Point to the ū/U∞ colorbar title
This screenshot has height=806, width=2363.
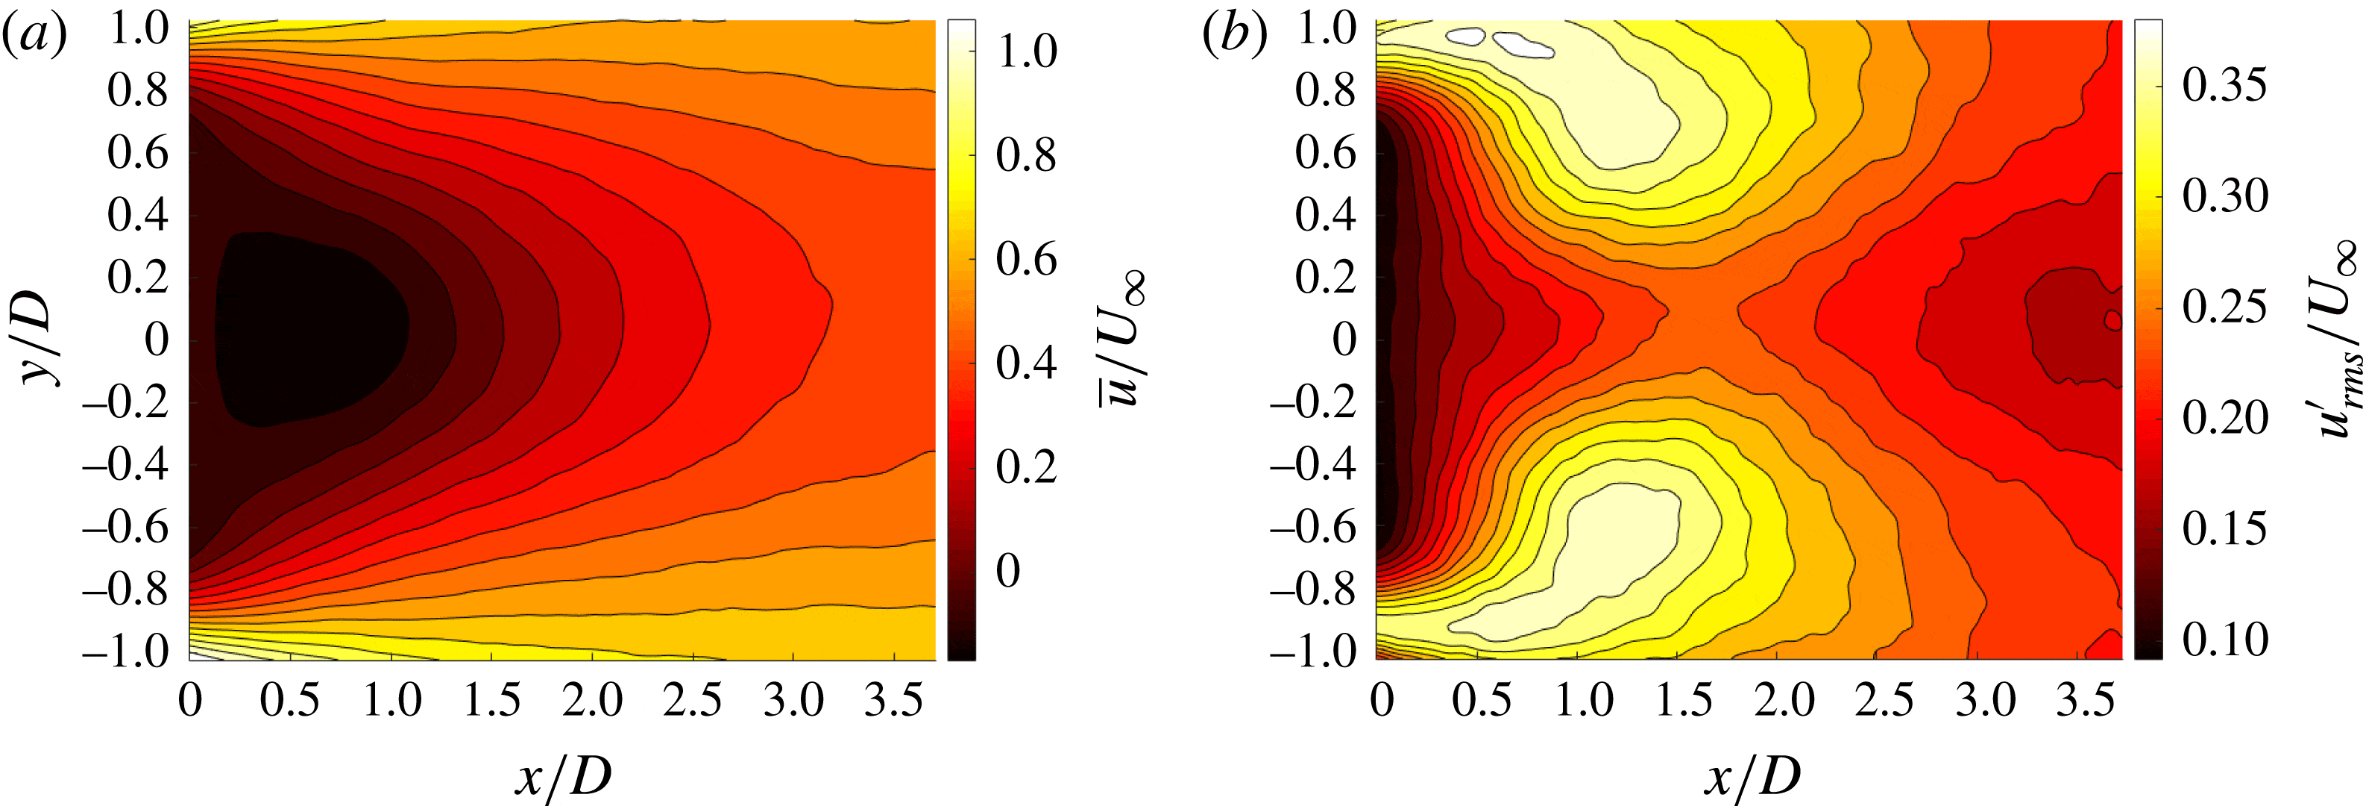(1121, 339)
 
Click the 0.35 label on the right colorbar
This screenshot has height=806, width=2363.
(2224, 85)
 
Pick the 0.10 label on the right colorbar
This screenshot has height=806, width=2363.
(2224, 639)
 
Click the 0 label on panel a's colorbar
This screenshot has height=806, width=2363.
(1007, 571)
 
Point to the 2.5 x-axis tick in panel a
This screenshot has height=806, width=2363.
(693, 702)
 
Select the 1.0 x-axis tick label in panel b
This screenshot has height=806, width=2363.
(1585, 702)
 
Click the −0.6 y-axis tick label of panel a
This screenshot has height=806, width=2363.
(127, 528)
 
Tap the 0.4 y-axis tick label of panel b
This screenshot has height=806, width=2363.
(1326, 215)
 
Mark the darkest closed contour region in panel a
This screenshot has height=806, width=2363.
(312, 331)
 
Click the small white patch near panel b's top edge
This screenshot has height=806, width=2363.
(1466, 37)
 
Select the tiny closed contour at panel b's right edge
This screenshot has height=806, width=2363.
(2112, 320)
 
